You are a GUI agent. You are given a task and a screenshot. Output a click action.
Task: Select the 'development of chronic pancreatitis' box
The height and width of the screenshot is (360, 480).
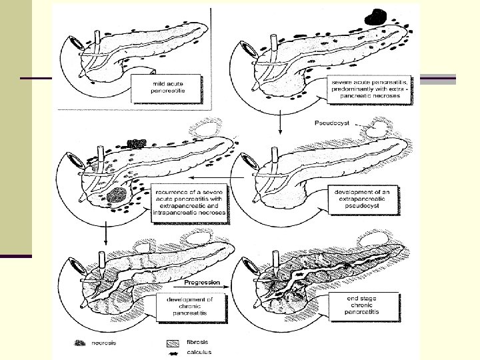[189, 308]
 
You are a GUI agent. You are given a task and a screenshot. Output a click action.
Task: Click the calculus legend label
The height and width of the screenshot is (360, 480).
[198, 352]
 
